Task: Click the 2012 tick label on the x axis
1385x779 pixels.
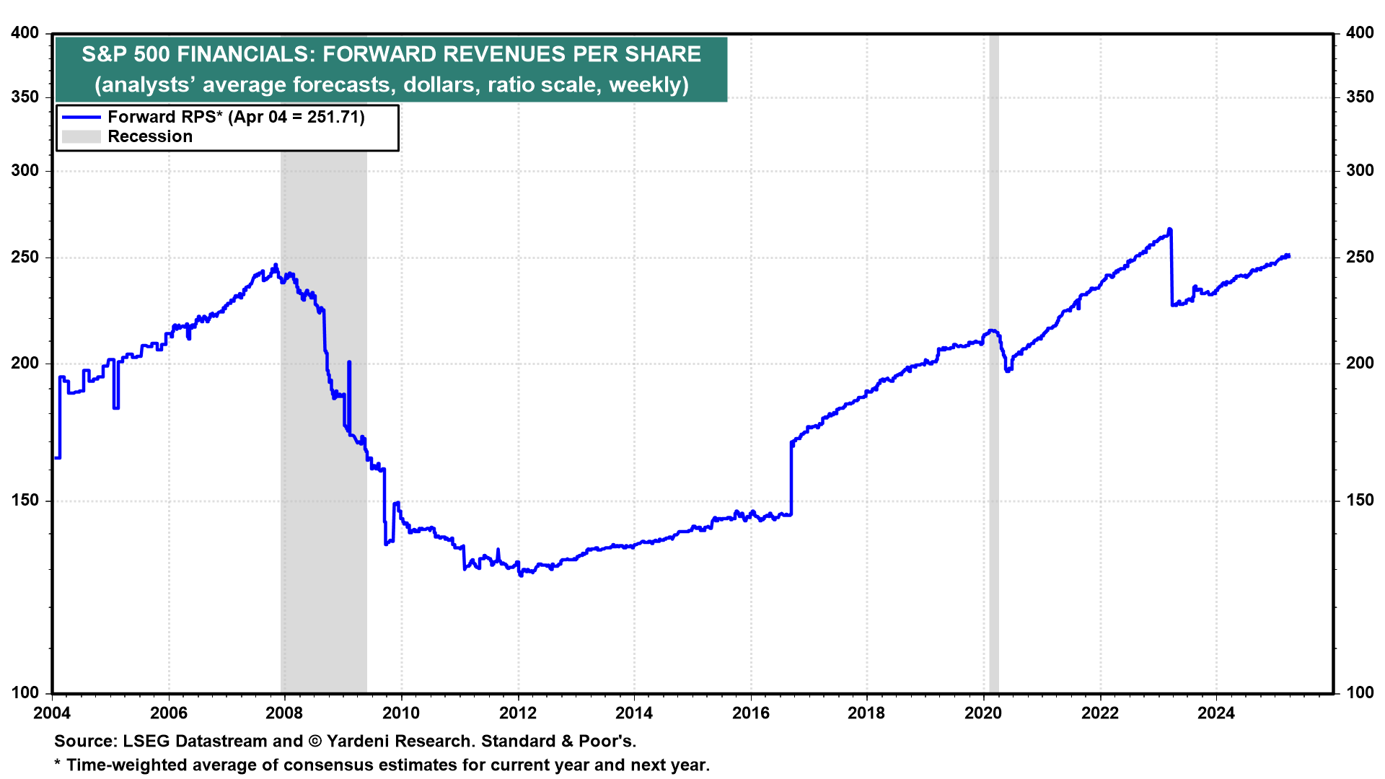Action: [517, 713]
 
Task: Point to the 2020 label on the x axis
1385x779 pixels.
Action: [983, 713]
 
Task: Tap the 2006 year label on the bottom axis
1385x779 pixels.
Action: [168, 713]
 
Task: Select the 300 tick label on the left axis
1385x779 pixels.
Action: [25, 171]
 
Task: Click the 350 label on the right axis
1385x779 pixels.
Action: [1360, 97]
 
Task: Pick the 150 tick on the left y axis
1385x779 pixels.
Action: [25, 501]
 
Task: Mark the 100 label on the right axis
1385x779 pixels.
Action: [1360, 692]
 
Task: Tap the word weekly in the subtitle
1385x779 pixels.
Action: [645, 85]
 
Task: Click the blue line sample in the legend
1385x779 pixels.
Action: [81, 117]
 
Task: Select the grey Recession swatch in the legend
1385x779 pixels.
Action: [81, 136]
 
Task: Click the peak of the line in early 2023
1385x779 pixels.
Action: [1169, 229]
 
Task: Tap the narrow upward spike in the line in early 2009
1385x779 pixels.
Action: [349, 362]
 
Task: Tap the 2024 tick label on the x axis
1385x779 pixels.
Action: [1216, 713]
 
